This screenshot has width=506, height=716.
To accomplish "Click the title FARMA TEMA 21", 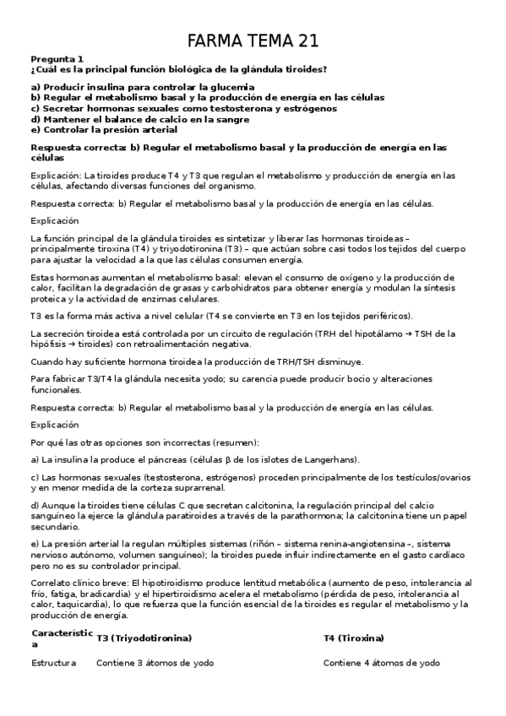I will (x=253, y=41).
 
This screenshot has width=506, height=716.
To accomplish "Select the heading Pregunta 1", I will (x=57, y=59).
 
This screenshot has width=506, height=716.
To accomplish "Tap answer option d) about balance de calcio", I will (x=139, y=120).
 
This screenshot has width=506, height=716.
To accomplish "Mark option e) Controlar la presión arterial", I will (x=104, y=130).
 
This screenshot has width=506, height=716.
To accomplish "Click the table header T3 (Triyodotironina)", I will (x=144, y=638).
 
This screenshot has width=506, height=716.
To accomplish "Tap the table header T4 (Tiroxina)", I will (x=353, y=638).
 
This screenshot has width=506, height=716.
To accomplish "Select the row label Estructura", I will (x=54, y=663).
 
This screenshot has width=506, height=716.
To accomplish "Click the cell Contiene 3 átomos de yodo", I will (x=155, y=663).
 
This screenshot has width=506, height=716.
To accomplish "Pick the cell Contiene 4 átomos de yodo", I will (x=382, y=663).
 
